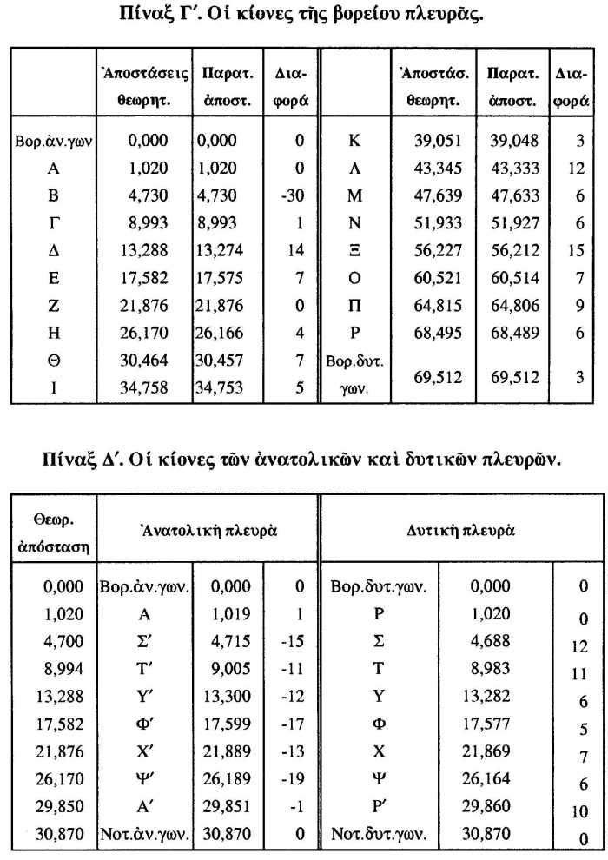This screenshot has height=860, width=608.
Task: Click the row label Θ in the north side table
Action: click(53, 361)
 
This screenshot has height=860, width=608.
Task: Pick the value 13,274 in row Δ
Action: click(224, 252)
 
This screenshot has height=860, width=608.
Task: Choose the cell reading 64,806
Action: click(513, 306)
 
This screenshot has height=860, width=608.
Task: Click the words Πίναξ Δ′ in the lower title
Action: click(82, 458)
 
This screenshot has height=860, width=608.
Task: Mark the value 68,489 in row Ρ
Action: click(513, 334)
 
